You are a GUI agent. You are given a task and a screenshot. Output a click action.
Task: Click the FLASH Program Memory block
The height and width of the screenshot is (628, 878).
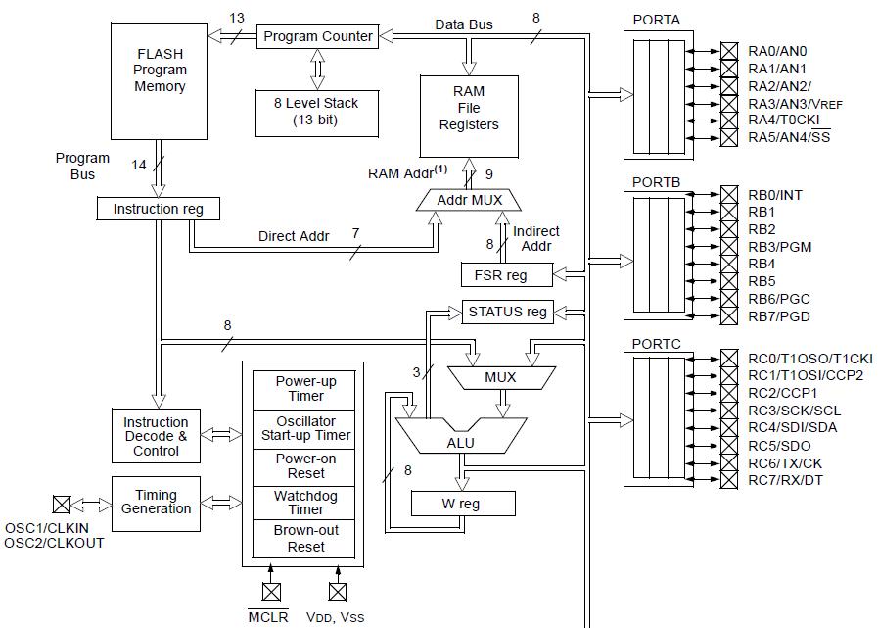pyautogui.click(x=160, y=79)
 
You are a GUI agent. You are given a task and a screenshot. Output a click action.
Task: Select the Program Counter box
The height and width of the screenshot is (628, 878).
pyautogui.click(x=318, y=36)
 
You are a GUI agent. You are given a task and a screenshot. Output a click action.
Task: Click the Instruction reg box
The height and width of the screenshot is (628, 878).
pyautogui.click(x=158, y=209)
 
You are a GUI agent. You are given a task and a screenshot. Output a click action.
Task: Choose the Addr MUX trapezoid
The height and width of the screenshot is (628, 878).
pyautogui.click(x=470, y=200)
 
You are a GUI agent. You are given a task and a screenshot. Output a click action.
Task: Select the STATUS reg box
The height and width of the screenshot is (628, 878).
pyautogui.click(x=507, y=312)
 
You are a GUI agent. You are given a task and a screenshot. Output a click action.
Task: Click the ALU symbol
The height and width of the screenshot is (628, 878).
pyautogui.click(x=461, y=441)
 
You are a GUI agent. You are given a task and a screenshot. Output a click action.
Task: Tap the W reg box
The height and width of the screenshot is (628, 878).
pyautogui.click(x=461, y=504)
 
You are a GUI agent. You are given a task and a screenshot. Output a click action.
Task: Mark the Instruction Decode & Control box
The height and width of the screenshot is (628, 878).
pyautogui.click(x=156, y=437)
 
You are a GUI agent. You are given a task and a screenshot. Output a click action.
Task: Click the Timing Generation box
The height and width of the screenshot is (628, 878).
pyautogui.click(x=156, y=502)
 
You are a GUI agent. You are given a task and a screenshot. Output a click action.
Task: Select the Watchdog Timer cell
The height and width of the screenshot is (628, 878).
pyautogui.click(x=305, y=503)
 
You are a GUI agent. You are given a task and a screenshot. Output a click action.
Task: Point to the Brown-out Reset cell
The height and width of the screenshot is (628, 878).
pyautogui.click(x=305, y=539)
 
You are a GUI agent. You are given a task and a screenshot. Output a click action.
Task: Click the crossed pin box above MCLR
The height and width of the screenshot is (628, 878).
pyautogui.click(x=271, y=591)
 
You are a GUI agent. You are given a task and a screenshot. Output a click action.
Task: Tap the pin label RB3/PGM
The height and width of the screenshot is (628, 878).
pyautogui.click(x=780, y=247)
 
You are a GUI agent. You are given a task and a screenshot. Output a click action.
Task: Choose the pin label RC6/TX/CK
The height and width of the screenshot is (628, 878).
pyautogui.click(x=785, y=462)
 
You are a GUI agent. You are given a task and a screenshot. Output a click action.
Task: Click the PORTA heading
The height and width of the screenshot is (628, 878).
pyautogui.click(x=656, y=20)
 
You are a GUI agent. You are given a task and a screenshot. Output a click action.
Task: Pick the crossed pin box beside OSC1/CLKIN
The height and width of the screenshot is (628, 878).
pyautogui.click(x=62, y=505)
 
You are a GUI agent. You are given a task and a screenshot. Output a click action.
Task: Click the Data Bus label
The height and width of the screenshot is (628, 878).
pyautogui.click(x=464, y=24)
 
